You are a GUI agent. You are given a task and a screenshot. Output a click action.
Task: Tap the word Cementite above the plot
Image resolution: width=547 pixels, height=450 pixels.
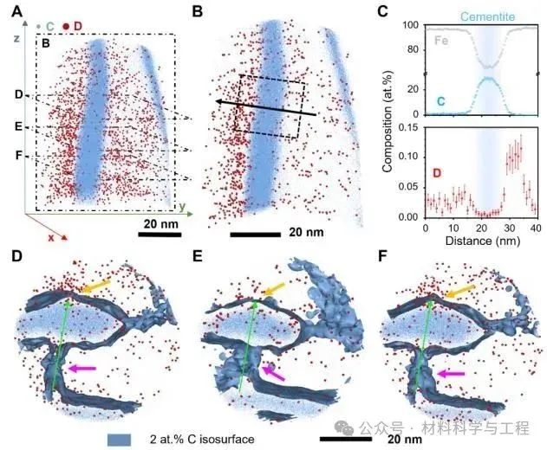491,16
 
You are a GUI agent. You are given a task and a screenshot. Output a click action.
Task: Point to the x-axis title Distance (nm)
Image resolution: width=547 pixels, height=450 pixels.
490,241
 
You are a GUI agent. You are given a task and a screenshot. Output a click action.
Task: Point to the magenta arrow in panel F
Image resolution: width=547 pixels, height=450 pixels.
453,374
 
